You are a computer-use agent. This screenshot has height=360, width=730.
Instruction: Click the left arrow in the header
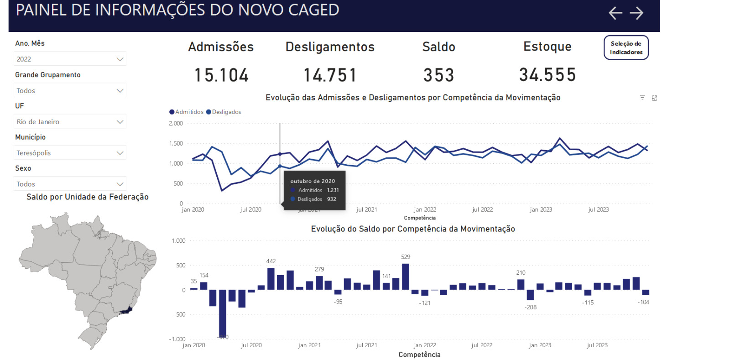615,13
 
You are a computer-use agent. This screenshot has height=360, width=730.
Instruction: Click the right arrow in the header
636,13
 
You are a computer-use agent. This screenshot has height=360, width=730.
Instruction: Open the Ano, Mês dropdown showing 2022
70,59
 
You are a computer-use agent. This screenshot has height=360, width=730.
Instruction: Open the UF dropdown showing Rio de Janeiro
70,122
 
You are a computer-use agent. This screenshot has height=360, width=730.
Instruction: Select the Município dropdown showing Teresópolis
70,153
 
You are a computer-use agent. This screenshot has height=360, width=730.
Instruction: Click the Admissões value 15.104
221,75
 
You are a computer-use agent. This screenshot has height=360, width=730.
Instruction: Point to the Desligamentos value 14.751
330,75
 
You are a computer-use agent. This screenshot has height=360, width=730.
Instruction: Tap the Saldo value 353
438,75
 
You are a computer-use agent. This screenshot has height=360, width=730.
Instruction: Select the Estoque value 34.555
547,75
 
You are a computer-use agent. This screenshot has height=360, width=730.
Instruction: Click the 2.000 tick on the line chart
176,124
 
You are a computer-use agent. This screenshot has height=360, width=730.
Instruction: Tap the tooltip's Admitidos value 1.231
333,190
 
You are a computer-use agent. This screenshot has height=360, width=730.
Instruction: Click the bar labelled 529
405,277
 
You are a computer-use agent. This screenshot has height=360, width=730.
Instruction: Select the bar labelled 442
271,279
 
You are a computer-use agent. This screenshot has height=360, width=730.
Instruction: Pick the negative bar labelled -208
530,295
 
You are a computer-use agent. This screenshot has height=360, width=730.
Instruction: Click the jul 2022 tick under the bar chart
482,345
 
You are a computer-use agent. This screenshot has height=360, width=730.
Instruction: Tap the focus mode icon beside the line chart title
654,98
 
